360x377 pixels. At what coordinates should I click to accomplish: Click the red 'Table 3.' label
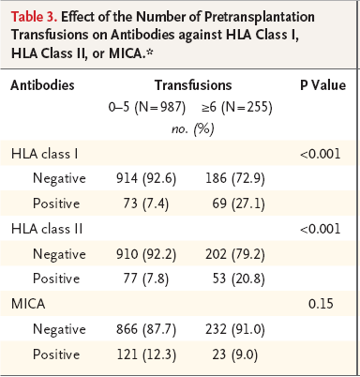(34, 17)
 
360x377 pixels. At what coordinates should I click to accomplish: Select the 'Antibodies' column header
(42, 85)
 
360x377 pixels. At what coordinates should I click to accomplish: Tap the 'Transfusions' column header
(193, 85)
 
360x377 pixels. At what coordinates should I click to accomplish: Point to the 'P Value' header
(322, 85)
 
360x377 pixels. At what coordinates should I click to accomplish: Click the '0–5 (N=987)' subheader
(147, 107)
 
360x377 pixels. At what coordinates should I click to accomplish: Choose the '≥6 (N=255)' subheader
(237, 107)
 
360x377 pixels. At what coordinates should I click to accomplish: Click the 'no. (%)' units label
(193, 128)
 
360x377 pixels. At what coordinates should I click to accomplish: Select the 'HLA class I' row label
(44, 154)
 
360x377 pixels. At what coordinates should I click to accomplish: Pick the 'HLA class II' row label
(47, 229)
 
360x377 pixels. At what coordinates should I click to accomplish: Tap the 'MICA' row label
(28, 304)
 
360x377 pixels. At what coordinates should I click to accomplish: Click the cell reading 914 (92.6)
(146, 178)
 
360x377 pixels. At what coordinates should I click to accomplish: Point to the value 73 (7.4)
(146, 204)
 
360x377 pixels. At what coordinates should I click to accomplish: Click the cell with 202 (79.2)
(235, 254)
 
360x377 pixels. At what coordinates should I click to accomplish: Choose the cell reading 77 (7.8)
(146, 279)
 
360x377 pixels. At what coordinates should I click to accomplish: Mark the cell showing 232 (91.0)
(235, 329)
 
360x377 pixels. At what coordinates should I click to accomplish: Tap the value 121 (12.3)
(146, 354)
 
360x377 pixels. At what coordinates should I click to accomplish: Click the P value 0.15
(321, 304)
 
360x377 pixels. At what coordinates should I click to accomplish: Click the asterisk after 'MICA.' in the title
(149, 52)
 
